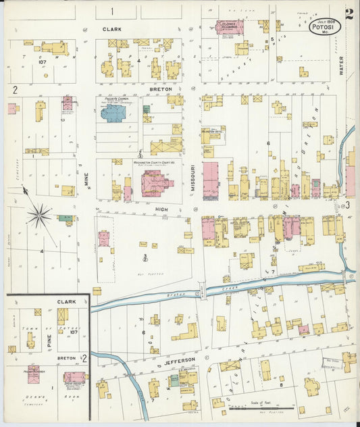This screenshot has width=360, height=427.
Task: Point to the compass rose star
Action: [x=39, y=216]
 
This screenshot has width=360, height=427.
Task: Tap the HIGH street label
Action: [x=161, y=209]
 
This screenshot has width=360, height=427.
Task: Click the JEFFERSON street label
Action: [x=179, y=360]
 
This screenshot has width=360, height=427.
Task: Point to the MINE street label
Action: [x=86, y=180]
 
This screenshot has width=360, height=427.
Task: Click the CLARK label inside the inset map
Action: [x=66, y=302]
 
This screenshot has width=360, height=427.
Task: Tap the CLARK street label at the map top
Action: [x=111, y=30]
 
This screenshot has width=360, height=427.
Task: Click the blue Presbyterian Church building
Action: [x=113, y=112]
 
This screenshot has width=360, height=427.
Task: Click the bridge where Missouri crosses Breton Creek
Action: [x=201, y=291]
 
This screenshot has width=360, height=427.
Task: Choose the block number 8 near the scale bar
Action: [x=281, y=384]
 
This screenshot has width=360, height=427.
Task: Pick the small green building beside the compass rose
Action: [x=66, y=218]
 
